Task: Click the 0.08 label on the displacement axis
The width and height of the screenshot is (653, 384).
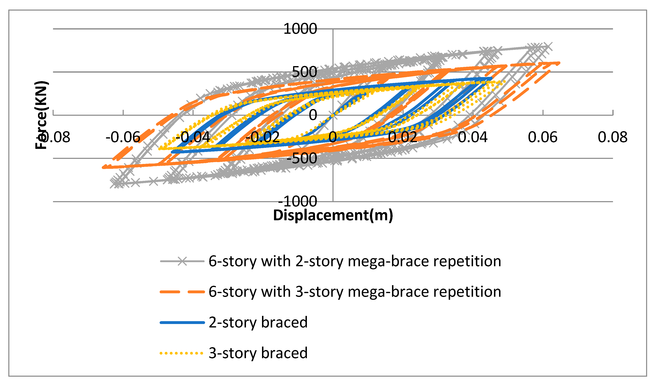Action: [613, 137]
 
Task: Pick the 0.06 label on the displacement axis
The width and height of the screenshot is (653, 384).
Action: [543, 137]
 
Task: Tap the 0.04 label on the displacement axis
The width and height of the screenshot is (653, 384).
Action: [473, 137]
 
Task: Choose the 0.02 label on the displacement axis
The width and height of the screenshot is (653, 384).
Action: [403, 137]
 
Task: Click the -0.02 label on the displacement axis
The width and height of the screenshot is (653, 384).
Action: [262, 137]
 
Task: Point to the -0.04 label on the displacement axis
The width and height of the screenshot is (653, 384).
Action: [193, 137]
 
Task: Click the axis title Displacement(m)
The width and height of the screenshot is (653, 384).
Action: [333, 215]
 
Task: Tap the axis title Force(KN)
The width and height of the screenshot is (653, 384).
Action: [41, 115]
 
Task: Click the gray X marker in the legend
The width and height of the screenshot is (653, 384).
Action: [182, 261]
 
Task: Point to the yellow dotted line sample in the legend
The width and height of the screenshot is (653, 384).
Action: [181, 353]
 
